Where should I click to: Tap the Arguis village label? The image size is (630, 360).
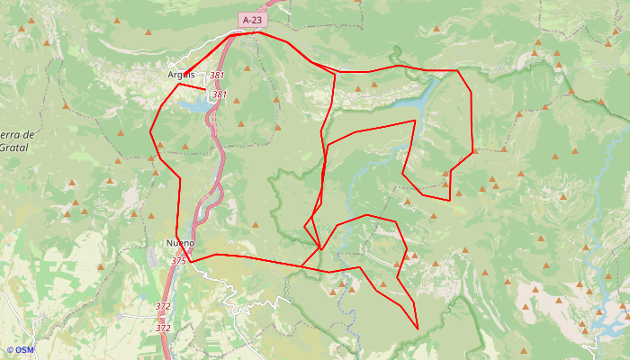tap(181, 75)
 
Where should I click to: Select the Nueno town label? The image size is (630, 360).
tap(180, 243)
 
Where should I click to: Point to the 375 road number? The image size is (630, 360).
tap(178, 260)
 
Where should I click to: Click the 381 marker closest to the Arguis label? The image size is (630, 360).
tap(216, 76)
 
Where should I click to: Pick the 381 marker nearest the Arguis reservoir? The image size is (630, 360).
tap(219, 94)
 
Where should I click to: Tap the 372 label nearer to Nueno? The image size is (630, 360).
tap(163, 307)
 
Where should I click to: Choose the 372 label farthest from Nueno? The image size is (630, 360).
tap(163, 328)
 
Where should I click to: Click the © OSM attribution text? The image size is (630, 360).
tap(20, 350)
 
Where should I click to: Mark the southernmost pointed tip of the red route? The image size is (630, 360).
tap(418, 328)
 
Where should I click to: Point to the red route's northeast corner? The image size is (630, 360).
tap(458, 70)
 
